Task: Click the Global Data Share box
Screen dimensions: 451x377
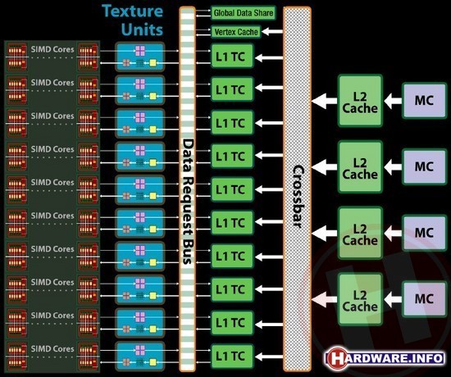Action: click(x=243, y=13)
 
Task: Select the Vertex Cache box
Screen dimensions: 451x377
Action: click(x=236, y=32)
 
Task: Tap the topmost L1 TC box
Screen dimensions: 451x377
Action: click(x=232, y=56)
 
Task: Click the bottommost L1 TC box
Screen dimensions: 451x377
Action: click(x=232, y=356)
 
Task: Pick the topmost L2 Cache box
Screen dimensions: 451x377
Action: click(x=360, y=101)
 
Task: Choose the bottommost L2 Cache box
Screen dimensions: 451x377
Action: click(x=360, y=299)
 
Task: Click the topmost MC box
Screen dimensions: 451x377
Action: click(x=424, y=101)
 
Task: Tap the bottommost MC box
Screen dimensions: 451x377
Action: click(x=424, y=299)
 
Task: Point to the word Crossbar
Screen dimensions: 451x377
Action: click(x=298, y=197)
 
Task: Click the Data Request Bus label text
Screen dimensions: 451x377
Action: click(x=189, y=202)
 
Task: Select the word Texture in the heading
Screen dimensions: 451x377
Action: click(x=132, y=11)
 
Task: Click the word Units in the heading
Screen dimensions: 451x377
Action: click(x=142, y=30)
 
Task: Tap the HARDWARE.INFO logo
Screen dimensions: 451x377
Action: click(x=385, y=358)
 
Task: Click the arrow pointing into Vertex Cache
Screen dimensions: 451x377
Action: click(x=272, y=31)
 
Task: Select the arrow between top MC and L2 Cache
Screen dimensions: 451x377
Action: click(x=393, y=101)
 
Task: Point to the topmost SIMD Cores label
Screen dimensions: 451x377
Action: click(x=52, y=49)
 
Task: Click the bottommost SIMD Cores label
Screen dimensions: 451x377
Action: click(x=52, y=349)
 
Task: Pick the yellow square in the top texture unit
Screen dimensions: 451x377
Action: click(x=153, y=62)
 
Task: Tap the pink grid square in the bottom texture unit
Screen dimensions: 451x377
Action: click(x=140, y=350)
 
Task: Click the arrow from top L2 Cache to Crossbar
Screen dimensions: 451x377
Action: click(x=325, y=101)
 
